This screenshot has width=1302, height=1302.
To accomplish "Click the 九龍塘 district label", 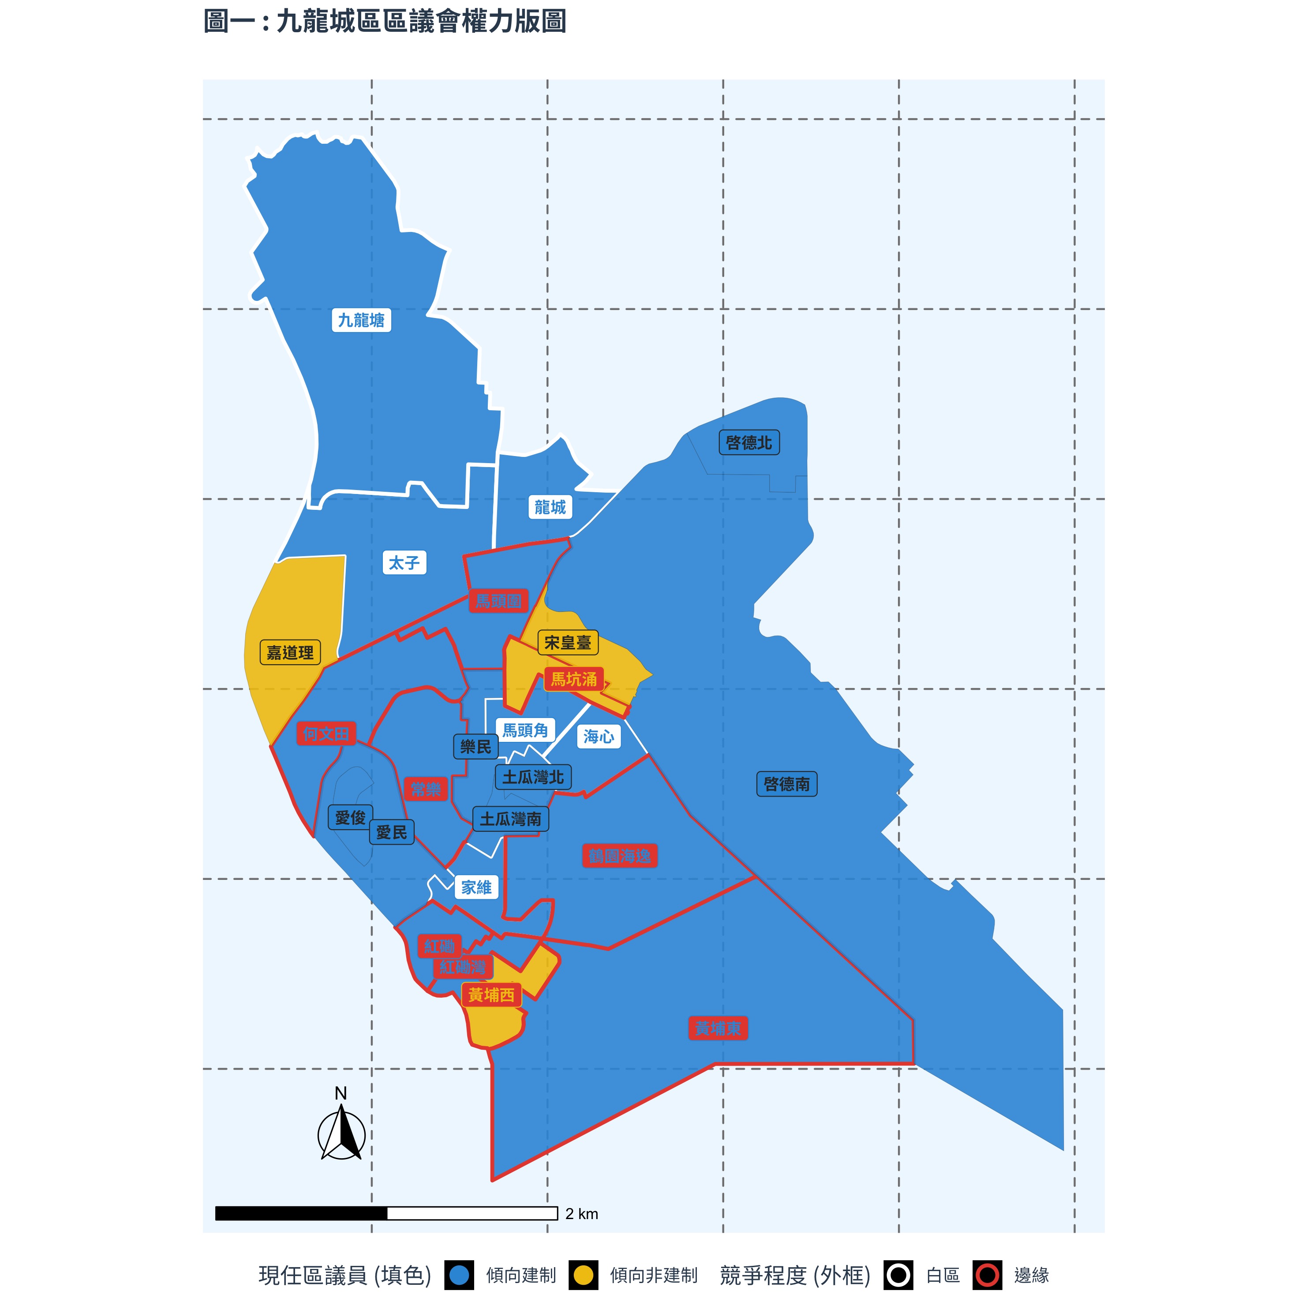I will coord(361,320).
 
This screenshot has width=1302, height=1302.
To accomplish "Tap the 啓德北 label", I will coord(749,443).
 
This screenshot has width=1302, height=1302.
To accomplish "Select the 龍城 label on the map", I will coord(550,507).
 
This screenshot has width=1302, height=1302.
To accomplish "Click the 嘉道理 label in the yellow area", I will coord(290,652).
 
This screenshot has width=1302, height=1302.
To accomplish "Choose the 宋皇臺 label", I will coord(568,643).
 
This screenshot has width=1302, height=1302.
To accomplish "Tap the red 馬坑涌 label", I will coord(573,679).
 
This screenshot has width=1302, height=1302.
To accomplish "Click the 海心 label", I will coord(599,737).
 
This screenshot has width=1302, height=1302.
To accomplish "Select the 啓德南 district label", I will coord(786,784).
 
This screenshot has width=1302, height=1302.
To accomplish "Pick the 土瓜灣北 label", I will coord(533,777).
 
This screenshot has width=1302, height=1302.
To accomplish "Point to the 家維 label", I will coord(476,887).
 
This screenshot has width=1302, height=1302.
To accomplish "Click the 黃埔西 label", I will coord(491,995).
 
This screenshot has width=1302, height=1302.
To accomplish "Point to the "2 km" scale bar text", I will coord(582,1214).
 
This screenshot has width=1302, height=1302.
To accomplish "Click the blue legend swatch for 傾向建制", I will coord(459,1275).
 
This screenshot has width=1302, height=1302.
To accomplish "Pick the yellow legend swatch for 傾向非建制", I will coord(583,1275).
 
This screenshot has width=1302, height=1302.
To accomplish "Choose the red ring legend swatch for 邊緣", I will coord(987,1275).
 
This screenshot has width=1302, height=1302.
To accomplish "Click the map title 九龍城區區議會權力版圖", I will coord(384,22).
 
